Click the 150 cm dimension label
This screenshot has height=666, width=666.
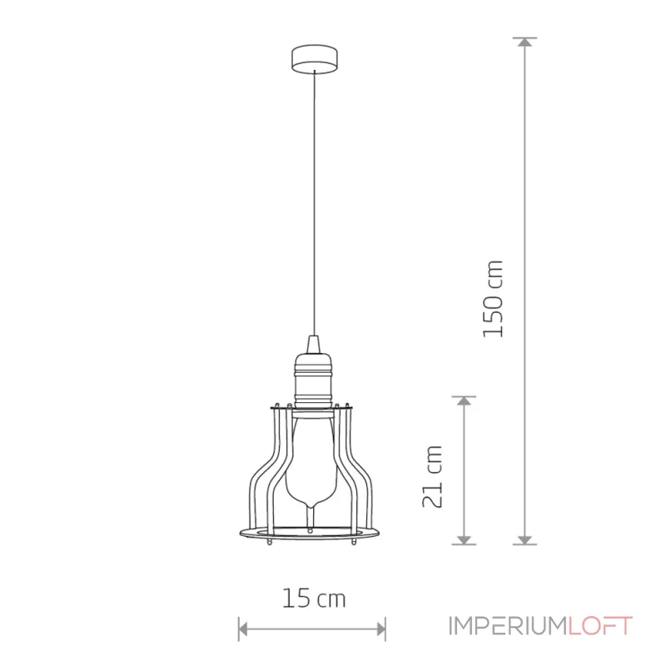[493, 299]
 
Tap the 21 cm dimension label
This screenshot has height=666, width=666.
[432, 476]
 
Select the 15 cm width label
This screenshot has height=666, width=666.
[314, 598]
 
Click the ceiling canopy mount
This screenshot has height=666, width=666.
[315, 59]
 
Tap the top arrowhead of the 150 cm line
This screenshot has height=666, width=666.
[525, 42]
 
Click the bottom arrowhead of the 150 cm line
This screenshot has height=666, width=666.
[525, 539]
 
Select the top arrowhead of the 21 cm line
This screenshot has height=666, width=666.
[465, 401]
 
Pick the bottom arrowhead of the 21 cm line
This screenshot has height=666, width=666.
[465, 539]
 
